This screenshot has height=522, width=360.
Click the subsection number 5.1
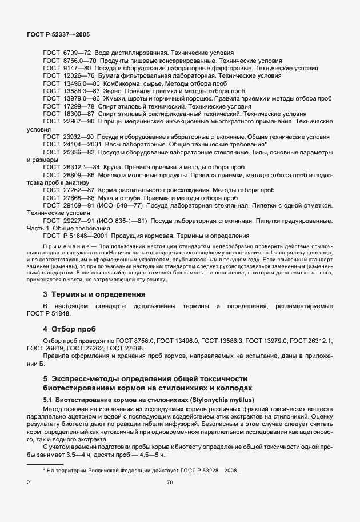47,399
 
